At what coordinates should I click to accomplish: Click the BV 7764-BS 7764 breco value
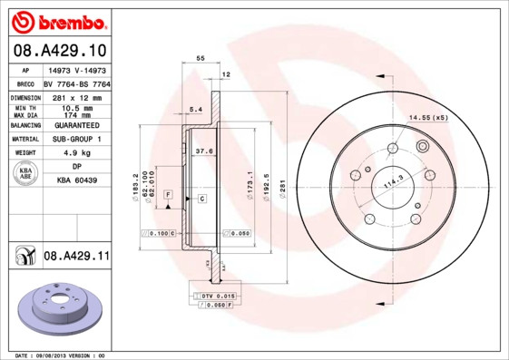[x=78, y=83]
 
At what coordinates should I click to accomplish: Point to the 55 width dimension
[x=201, y=58]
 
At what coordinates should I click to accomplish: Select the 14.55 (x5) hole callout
[x=429, y=118]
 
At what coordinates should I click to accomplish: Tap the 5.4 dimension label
[x=194, y=110]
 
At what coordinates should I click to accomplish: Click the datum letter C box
[x=201, y=198]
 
